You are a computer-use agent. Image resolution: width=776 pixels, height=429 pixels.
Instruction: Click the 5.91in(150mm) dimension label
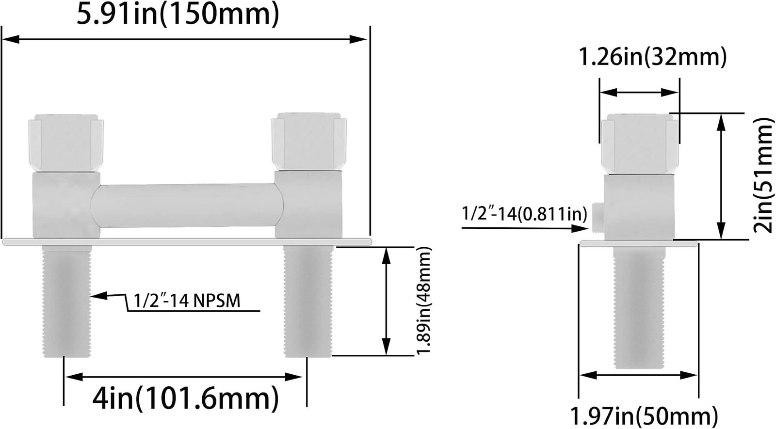[178, 15]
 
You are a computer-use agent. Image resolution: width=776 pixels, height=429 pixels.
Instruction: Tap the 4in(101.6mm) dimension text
[186, 399]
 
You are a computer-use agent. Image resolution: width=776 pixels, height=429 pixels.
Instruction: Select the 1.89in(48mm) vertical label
[424, 301]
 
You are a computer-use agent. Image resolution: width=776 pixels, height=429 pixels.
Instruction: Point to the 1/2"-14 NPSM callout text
[187, 301]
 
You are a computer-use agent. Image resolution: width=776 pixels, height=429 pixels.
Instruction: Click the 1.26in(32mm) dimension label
[653, 57]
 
